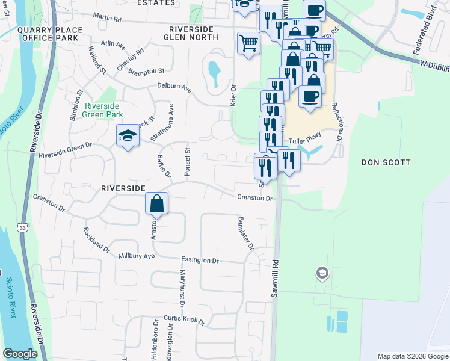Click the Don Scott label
point(386,162)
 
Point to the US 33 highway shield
point(22,228)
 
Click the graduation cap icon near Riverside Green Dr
point(128,137)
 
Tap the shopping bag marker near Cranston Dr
point(156,205)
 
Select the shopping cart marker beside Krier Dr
point(248,44)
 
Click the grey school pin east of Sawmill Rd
point(322,274)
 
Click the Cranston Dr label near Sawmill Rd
point(254,197)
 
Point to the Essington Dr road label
point(200,260)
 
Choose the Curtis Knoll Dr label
point(184,319)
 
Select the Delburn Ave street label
point(174,88)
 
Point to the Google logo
point(20,354)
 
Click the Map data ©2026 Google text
point(412,356)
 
